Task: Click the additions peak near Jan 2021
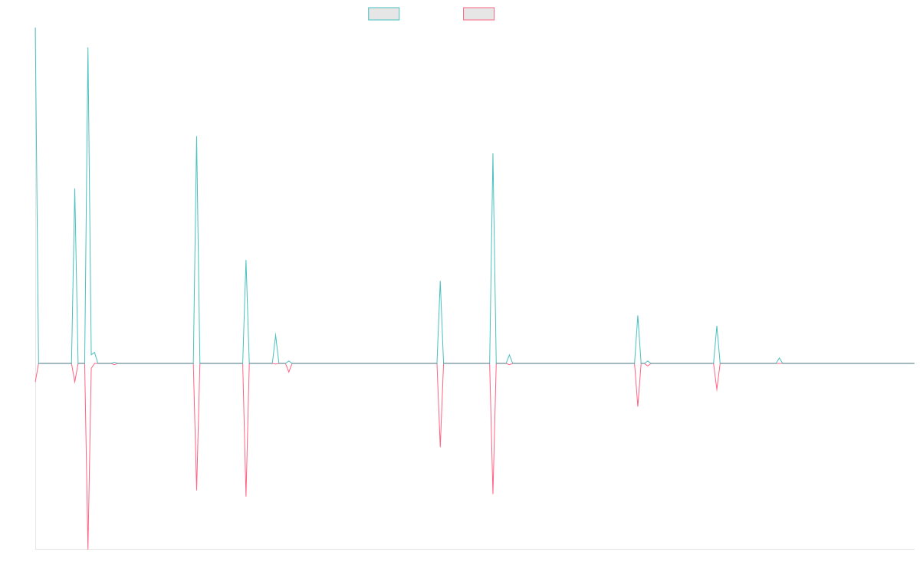88,48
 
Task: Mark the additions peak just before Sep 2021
197,136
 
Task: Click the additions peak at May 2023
492,153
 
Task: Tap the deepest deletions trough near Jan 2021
88,549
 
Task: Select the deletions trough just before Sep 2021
197,490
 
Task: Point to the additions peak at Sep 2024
717,327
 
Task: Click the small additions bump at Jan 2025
779,357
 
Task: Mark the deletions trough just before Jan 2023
440,446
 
